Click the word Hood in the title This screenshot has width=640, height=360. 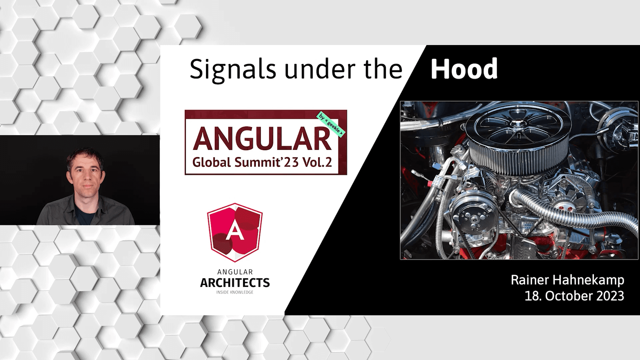pyautogui.click(x=464, y=69)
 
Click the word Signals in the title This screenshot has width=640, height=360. pyautogui.click(x=233, y=69)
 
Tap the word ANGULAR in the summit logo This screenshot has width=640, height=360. pyautogui.click(x=262, y=139)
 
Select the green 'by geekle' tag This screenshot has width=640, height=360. pyautogui.click(x=331, y=124)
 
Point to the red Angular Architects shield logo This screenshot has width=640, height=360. pyautogui.click(x=235, y=232)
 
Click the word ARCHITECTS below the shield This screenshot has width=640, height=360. pyautogui.click(x=235, y=283)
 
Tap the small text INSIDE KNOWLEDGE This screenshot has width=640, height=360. pyautogui.click(x=235, y=292)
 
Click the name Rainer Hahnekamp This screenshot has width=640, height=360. pyautogui.click(x=567, y=280)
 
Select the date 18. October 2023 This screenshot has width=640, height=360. pyautogui.click(x=574, y=296)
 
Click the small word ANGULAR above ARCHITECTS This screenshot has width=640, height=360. pyautogui.click(x=235, y=272)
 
